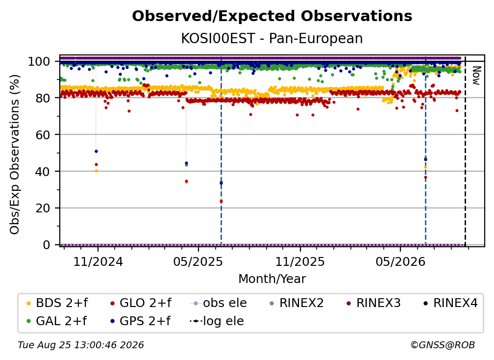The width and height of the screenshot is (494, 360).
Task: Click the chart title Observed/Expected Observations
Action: (272, 16)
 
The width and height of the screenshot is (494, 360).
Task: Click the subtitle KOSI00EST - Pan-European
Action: (272, 38)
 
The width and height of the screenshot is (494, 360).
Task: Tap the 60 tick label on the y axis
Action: (43, 134)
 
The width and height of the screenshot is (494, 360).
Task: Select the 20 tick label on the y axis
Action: (43, 208)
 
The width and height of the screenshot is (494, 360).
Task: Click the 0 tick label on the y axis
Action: (47, 245)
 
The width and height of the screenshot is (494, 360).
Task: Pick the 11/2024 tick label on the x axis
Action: (98, 261)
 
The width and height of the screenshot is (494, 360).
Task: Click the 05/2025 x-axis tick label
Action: (198, 261)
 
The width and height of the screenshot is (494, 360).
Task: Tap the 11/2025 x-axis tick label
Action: (300, 261)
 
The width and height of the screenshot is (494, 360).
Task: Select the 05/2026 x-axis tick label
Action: (400, 261)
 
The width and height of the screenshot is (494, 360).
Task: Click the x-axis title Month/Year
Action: (272, 279)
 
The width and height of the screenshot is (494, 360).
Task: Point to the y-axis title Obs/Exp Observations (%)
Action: (15, 154)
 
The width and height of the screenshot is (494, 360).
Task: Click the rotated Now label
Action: (476, 76)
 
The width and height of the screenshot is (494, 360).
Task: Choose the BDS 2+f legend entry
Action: (57, 303)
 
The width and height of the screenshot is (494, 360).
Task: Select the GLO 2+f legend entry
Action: (141, 303)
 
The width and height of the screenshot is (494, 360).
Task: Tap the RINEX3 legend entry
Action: (373, 303)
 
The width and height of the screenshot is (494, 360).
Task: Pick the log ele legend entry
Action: (217, 321)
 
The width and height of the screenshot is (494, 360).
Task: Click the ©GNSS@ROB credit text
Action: (443, 345)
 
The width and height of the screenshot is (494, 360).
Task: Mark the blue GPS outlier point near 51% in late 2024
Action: (96, 152)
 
